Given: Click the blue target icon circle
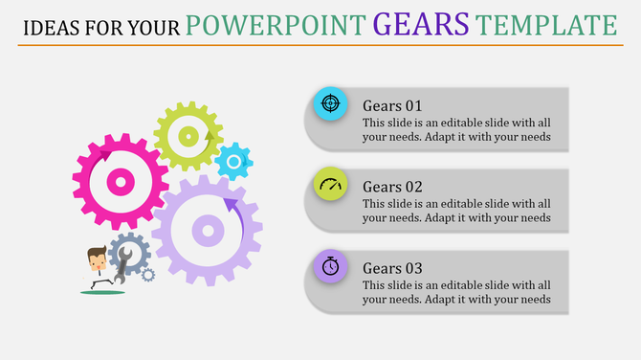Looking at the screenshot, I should tap(331, 102).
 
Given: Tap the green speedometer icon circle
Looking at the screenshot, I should tap(331, 185).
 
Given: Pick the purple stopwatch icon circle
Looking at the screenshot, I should tap(331, 266).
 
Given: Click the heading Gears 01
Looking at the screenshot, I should tap(392, 105).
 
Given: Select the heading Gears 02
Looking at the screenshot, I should tap(392, 187).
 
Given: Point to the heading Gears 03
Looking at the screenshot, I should tap(392, 268).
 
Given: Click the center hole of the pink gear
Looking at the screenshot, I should tap(120, 181).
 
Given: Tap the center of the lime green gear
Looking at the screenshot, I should tap(188, 137).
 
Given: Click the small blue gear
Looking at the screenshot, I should tap(232, 162).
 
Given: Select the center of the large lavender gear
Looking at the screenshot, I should tap(207, 230).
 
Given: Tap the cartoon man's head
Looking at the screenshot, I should tap(96, 258).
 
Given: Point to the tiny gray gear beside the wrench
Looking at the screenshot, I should tap(147, 276).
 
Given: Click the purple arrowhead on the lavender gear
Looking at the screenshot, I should tap(231, 204).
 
